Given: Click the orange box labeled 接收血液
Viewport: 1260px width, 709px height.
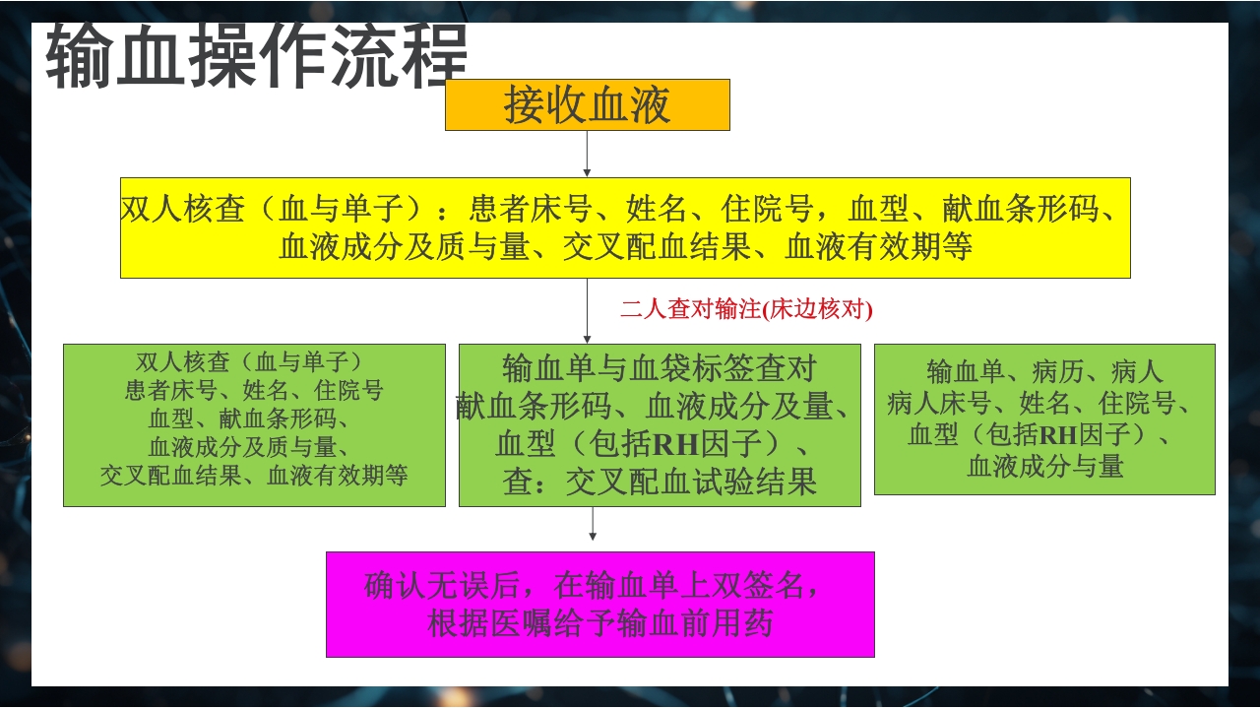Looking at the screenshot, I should [x=587, y=104].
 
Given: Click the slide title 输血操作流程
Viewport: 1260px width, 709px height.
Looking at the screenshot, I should [x=256, y=56].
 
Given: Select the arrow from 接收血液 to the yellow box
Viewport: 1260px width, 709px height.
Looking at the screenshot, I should [x=587, y=154].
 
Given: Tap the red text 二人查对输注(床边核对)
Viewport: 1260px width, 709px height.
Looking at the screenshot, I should [x=746, y=309].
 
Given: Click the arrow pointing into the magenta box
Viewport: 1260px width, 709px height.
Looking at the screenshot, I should [x=593, y=525].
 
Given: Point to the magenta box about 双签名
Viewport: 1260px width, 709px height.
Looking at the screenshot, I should [x=599, y=604].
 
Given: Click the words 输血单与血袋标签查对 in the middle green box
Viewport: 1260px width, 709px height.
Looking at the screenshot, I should [x=660, y=368].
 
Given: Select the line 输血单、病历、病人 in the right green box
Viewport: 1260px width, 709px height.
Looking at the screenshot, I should [x=1044, y=371].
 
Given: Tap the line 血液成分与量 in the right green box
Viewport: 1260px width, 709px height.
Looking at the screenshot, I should [x=1044, y=466].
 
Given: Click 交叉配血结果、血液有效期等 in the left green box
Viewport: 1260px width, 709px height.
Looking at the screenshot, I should [x=254, y=476].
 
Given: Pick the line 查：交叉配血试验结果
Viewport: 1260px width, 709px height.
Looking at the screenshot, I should [x=660, y=483].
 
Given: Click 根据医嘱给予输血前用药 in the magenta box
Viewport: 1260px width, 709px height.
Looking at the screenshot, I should [x=599, y=624].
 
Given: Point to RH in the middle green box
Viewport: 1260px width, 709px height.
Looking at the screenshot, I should [x=674, y=445].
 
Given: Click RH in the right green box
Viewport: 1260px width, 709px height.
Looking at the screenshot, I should [x=1058, y=434].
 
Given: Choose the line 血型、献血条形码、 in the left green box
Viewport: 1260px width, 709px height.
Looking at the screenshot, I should [x=254, y=419].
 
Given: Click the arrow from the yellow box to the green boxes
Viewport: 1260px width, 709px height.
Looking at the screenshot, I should [x=587, y=311].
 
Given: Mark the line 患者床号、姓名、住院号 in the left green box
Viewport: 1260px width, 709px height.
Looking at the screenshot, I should [x=254, y=390].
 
